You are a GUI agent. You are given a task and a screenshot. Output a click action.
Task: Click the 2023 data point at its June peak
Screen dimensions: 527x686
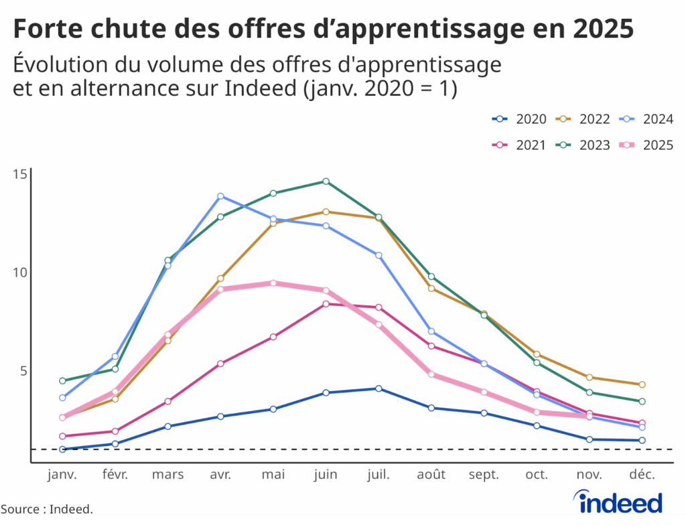326,181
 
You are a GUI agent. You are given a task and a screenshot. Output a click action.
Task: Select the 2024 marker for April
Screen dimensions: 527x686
220,196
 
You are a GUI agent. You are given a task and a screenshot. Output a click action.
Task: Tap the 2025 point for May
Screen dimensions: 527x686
273,283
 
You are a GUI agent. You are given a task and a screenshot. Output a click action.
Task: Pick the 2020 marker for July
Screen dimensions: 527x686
379,388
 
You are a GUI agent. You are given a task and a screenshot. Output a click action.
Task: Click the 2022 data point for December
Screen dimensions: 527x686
642,384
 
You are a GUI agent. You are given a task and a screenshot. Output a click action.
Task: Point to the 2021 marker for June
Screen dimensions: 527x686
326,304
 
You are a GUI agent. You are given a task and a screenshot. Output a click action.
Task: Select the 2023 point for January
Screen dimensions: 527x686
62,381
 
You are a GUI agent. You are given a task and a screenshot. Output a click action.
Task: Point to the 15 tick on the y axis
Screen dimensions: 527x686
20,174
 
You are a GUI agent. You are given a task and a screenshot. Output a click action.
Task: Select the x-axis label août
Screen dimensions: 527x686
431,475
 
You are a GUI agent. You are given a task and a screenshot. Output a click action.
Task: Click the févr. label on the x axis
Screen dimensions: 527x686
115,475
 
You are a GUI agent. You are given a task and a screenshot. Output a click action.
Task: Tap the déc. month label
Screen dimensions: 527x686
642,475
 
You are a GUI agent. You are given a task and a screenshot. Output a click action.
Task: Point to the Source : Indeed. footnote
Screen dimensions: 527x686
46,510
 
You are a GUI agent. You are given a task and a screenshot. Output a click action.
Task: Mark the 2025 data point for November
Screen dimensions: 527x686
589,416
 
